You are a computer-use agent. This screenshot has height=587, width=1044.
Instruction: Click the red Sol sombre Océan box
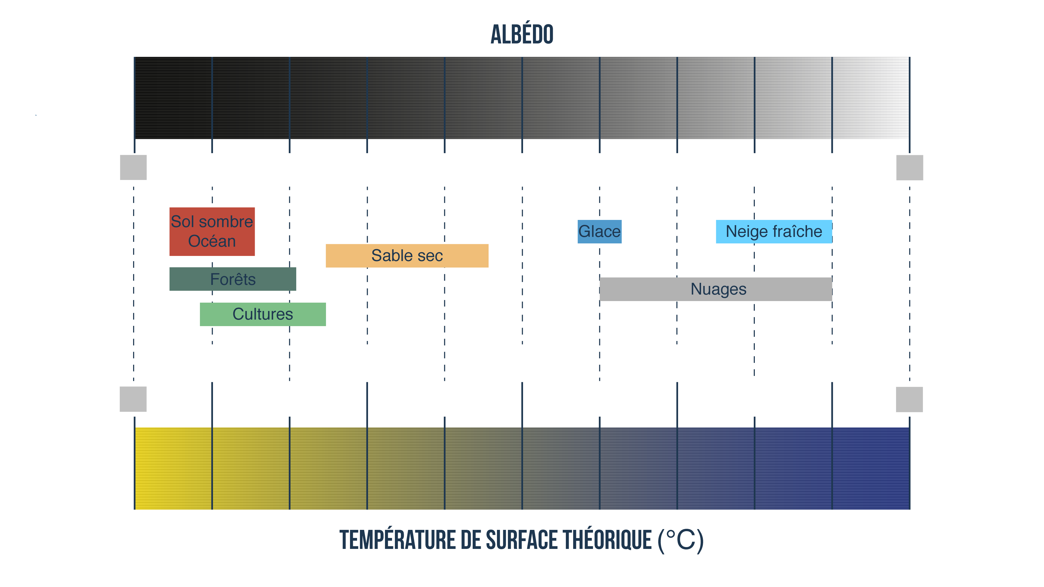coord(212,231)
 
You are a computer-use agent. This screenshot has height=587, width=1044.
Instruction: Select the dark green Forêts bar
coord(233,279)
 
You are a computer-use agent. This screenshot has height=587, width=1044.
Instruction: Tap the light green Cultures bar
coord(263,314)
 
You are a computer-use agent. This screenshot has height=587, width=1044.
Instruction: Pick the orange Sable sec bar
coord(407,256)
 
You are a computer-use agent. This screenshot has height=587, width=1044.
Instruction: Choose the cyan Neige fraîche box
coord(774,232)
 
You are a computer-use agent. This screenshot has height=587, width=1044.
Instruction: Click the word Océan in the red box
coord(212,241)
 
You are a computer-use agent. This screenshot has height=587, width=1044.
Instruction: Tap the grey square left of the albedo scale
coord(133,167)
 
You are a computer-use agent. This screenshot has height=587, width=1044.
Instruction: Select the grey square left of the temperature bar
coord(133,399)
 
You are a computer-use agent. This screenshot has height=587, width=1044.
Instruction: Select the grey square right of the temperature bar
coord(909,399)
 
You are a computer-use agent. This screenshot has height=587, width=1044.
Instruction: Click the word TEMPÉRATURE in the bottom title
coord(397,540)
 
